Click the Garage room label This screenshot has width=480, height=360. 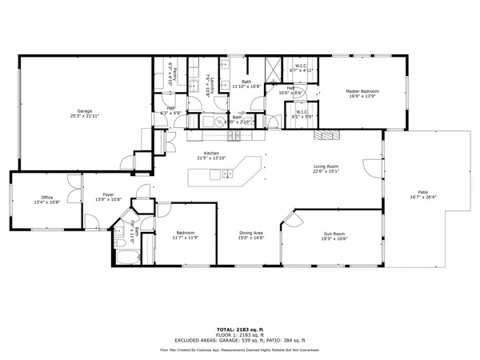click(84, 110)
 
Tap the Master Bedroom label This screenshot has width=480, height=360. click(362, 91)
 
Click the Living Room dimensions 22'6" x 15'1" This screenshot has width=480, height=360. click(326, 171)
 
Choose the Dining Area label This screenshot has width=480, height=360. click(251, 233)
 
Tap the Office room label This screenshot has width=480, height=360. click(47, 198)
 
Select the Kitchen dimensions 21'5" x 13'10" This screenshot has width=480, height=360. click(211, 158)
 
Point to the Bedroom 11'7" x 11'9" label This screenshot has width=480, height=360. click(185, 233)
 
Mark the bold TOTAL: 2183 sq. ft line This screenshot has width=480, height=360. click(240, 329)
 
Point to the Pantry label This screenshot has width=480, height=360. click(171, 74)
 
